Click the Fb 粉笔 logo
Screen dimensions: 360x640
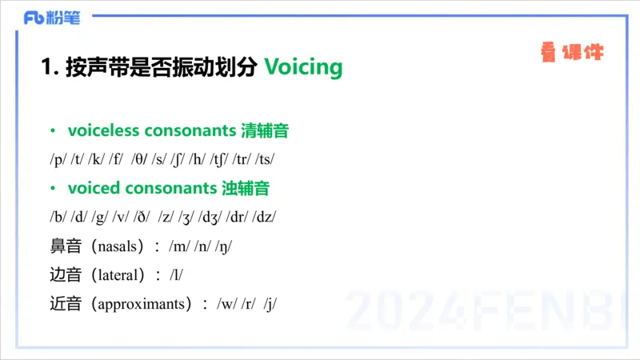(x=52, y=18)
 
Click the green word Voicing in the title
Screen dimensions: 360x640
(x=302, y=66)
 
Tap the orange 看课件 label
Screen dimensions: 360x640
(x=572, y=54)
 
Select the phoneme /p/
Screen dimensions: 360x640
(x=58, y=159)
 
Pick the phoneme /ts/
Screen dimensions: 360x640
(x=266, y=159)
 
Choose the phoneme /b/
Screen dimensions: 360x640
(x=58, y=217)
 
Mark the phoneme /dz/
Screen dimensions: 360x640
(x=264, y=217)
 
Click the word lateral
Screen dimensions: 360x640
(x=118, y=275)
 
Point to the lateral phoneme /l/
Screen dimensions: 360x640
(x=177, y=275)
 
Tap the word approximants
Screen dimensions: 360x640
(x=143, y=305)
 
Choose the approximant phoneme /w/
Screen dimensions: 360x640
(x=226, y=305)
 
